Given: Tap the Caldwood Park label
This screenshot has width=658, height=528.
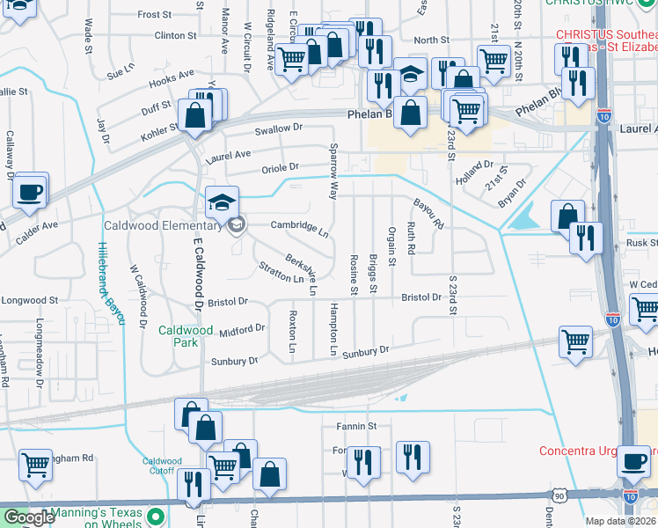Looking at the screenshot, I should click(185, 336).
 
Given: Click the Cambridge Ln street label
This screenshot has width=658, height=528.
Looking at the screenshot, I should click(299, 227).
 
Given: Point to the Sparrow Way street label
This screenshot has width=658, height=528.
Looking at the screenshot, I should click(333, 172).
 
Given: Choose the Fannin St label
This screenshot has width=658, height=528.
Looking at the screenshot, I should click(355, 427).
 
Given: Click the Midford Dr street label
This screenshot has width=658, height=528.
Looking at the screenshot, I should click(242, 329).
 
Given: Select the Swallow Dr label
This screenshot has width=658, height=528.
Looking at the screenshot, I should click(279, 128).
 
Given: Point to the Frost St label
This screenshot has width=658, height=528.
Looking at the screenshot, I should click(155, 15).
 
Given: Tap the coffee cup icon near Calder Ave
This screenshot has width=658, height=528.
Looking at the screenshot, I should click(30, 191).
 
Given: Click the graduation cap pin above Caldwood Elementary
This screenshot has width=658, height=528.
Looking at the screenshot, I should click(223, 203).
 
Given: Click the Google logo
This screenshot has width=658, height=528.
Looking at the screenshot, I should click(28, 518).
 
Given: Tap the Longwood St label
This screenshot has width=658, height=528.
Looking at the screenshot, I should click(29, 300).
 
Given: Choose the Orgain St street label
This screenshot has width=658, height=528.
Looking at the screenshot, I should click(391, 246).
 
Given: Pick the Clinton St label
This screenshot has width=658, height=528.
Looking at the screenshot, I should click(175, 36).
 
